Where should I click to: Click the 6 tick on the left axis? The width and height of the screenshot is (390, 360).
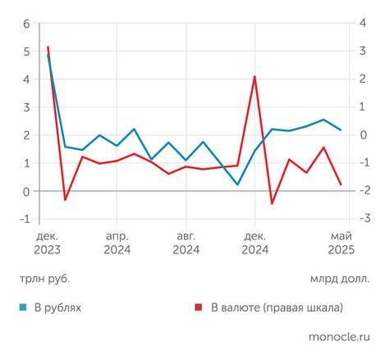pos(25,24)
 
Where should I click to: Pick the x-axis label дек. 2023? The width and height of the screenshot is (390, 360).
pos(47,242)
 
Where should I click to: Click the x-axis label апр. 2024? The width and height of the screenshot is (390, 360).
pos(117,242)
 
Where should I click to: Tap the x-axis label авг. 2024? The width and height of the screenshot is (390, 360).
pos(186,242)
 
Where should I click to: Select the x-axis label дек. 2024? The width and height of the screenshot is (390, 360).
pos(255,242)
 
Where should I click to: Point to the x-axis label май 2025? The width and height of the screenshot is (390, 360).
pos(340,242)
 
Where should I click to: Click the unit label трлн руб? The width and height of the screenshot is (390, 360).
pos(45,278)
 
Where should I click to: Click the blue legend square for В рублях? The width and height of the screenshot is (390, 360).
pos(25,308)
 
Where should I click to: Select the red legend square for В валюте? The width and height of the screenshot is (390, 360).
pos(199,308)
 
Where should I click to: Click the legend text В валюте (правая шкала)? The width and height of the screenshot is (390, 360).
pos(277,308)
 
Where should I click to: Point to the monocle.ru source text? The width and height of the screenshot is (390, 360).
pos(340,336)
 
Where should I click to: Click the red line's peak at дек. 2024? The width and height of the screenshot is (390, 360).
pos(255,76)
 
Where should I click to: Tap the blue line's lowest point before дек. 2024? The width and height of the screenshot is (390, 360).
pos(237,185)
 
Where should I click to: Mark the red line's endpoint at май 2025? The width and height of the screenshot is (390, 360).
pos(342,185)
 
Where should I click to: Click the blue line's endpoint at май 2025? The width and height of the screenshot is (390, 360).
pos(342,130)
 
